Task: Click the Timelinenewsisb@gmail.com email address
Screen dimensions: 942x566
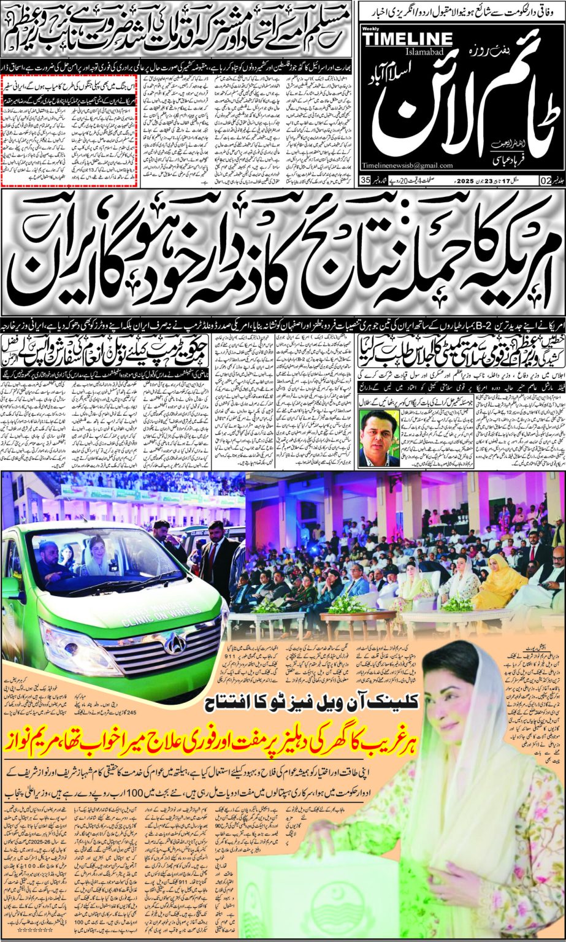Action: [x=407, y=166]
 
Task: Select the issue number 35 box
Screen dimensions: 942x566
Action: [x=366, y=180]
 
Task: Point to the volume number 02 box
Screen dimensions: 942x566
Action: [x=545, y=180]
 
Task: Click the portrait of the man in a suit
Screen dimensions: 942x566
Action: [x=378, y=438]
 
